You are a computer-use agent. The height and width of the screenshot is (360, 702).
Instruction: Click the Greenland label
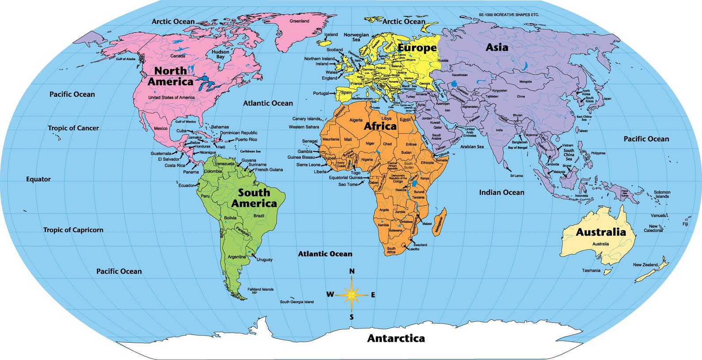[x=299, y=21]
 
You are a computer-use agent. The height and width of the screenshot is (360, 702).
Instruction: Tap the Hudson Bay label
[x=220, y=54]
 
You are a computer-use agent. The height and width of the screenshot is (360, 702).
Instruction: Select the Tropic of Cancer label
[x=73, y=128]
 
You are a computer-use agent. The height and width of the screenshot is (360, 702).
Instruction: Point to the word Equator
[x=38, y=179]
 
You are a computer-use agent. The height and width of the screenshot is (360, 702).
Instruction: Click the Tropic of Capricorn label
[x=73, y=230]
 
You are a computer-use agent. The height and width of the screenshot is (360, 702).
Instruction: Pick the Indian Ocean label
[x=502, y=192]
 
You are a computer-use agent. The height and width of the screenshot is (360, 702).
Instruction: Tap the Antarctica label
[x=396, y=339]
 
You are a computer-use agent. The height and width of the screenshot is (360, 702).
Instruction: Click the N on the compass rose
[x=352, y=271]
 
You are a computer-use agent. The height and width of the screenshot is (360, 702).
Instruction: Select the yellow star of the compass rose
[x=352, y=294]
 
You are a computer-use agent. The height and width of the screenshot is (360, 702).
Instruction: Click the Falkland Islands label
[x=260, y=289]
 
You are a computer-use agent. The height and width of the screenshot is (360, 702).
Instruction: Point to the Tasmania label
[x=591, y=270]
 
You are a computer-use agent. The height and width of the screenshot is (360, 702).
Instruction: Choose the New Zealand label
[x=645, y=264]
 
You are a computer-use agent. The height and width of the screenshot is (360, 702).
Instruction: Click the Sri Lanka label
[x=516, y=176]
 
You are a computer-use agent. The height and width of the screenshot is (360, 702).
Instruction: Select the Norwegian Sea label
[x=356, y=37]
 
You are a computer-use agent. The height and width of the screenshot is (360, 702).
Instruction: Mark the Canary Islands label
[x=306, y=119]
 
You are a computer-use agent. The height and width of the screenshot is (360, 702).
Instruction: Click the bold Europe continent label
[x=417, y=48]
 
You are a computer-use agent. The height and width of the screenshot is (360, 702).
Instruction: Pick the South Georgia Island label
[x=297, y=302]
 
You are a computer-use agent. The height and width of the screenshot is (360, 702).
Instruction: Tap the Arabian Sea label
[x=472, y=146]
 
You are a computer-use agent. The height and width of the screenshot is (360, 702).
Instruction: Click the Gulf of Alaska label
[x=126, y=59]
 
